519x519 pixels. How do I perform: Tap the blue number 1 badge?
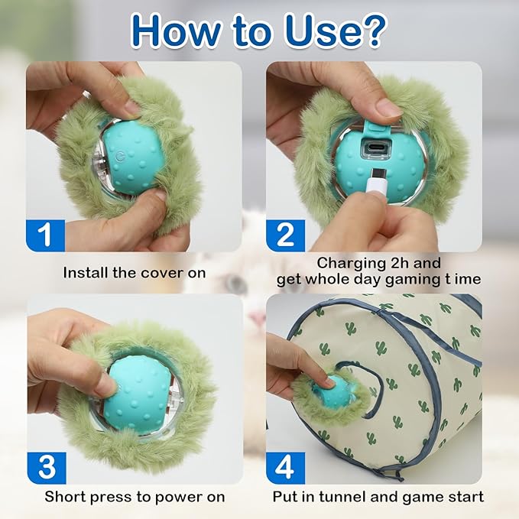click(x=45, y=233)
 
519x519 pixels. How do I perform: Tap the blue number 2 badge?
click(x=285, y=233)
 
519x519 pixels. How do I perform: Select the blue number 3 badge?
click(x=45, y=466)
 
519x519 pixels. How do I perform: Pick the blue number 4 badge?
click(x=285, y=466)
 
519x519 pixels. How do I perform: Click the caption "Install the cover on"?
click(x=135, y=272)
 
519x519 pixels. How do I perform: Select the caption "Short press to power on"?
click(x=135, y=497)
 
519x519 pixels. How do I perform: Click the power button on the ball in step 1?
click(x=119, y=154)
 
